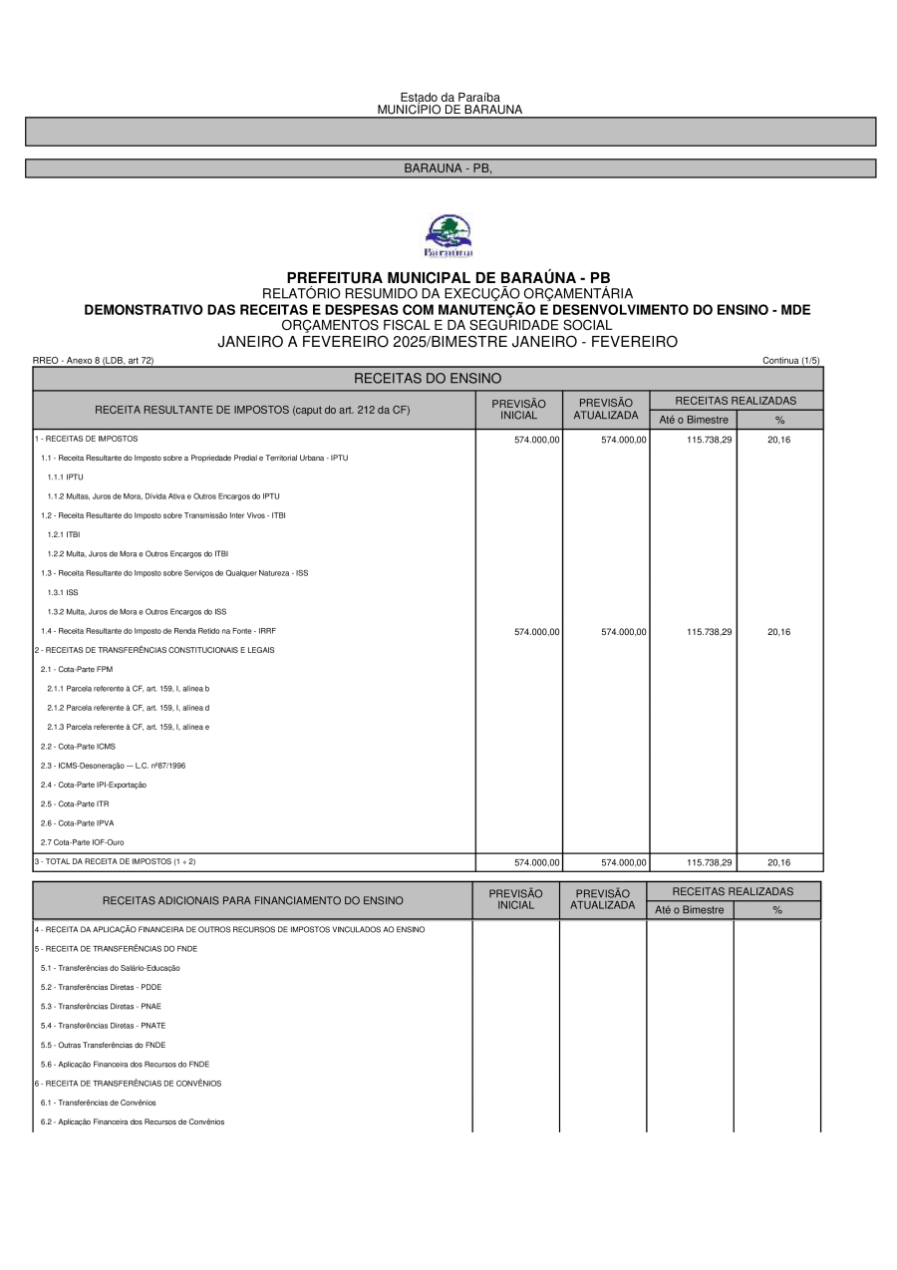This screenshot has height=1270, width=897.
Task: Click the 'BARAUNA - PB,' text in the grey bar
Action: tap(448, 168)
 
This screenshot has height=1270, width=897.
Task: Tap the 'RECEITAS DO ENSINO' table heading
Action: tap(428, 379)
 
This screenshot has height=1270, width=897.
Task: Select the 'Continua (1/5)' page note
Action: tap(791, 360)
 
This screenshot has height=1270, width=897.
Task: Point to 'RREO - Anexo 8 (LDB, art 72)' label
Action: tap(94, 360)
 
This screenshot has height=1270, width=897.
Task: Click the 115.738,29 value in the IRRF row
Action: tap(710, 632)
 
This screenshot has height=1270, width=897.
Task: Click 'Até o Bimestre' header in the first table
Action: tap(694, 420)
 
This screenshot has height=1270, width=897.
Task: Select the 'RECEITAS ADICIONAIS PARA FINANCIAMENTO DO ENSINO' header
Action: tap(252, 900)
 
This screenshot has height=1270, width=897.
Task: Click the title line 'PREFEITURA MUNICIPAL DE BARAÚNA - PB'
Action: tap(448, 277)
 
